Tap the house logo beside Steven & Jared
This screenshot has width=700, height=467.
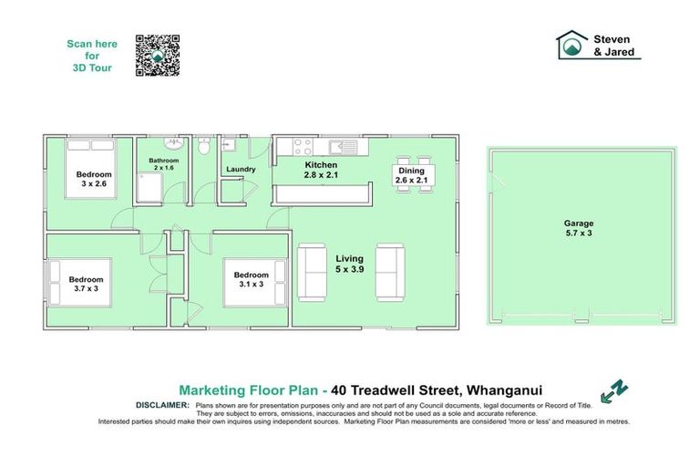[571, 46]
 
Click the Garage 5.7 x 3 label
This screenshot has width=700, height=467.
[578, 228]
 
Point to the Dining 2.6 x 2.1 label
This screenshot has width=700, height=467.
[412, 175]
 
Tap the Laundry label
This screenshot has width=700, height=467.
[240, 169]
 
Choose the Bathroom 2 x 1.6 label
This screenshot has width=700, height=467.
[164, 164]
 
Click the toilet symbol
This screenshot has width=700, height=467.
[205, 147]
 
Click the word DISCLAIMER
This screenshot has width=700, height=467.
[162, 403]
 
